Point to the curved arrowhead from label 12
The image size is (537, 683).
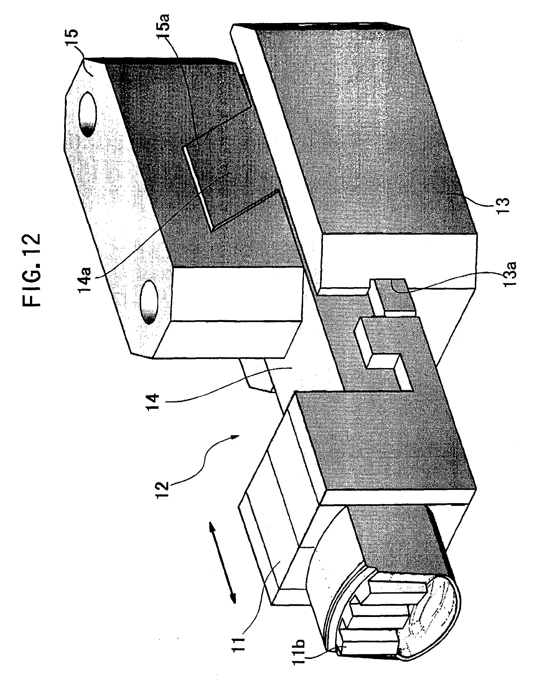[235, 437]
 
